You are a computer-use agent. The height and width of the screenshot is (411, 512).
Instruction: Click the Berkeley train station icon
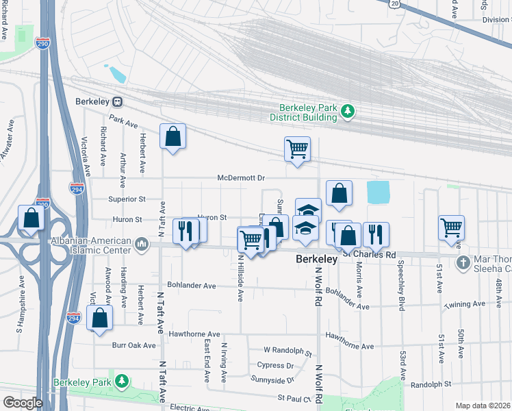pos(118,101)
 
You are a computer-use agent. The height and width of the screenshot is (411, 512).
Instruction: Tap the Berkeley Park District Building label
pos(309,112)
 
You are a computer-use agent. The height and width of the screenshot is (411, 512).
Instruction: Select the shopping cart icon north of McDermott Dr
pos(297,149)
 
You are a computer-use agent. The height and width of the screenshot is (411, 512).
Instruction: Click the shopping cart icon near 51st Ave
pos(452,227)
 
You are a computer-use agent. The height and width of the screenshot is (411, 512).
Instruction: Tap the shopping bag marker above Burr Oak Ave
pos(100,318)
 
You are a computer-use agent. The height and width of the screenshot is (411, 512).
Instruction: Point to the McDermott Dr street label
pos(240,178)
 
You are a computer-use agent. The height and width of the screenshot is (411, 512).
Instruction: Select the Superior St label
pos(127,199)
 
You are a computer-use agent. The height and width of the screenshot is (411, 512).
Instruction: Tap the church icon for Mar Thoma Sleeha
pos(463,262)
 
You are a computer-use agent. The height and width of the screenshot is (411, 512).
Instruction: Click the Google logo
pos(22,403)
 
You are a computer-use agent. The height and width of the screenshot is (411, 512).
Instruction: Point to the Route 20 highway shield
pos(394,3)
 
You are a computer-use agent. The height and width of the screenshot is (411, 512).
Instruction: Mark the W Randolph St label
pos(287,351)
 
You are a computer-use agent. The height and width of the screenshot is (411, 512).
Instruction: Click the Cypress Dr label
pos(275,366)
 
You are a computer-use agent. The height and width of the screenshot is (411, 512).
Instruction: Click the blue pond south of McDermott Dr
pos(377,192)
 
